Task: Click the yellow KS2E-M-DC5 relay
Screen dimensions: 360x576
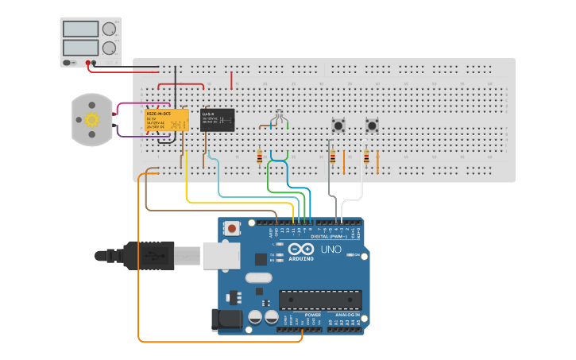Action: coord(166,120)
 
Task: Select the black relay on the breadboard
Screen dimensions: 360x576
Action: coord(218,119)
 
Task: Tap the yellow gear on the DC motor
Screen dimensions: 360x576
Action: coord(91,120)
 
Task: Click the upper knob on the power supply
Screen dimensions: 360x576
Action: coord(108,29)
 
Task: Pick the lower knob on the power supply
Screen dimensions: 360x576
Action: coord(108,48)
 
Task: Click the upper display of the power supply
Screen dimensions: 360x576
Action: coord(80,29)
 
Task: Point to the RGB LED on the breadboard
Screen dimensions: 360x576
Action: coord(277,116)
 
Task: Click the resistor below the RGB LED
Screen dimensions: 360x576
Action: coord(260,157)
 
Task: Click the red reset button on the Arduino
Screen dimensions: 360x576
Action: coord(231,228)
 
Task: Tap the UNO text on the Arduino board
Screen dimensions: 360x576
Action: coord(331,250)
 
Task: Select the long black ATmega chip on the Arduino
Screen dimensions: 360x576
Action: coord(320,300)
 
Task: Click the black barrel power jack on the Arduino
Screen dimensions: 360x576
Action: coord(225,319)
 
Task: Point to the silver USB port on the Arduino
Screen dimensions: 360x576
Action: coord(221,255)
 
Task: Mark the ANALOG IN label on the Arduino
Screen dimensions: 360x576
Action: coord(346,315)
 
